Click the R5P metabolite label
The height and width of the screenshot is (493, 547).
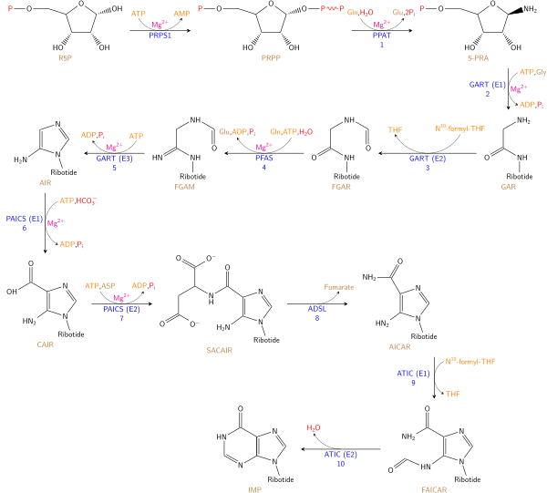[65, 58]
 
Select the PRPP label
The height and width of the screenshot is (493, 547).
[271, 58]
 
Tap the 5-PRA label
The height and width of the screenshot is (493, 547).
[478, 58]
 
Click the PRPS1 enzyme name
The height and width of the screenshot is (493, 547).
[160, 36]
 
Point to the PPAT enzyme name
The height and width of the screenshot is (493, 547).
[382, 36]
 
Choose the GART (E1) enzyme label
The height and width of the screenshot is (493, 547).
[488, 85]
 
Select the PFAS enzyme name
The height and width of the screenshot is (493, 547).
[264, 159]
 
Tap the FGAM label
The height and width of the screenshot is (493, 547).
[184, 187]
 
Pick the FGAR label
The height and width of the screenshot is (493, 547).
[341, 187]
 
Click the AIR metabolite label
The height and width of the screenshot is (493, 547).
[45, 183]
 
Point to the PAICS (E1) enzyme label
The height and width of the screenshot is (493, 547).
[25, 219]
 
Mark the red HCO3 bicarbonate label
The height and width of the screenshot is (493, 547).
[87, 201]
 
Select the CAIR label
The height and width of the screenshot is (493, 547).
[46, 345]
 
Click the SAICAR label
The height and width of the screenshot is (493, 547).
[220, 351]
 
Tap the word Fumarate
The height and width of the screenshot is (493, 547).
[339, 287]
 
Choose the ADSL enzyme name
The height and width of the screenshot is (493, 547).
[316, 309]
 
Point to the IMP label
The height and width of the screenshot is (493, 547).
[255, 489]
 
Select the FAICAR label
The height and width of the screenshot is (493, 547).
[434, 489]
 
